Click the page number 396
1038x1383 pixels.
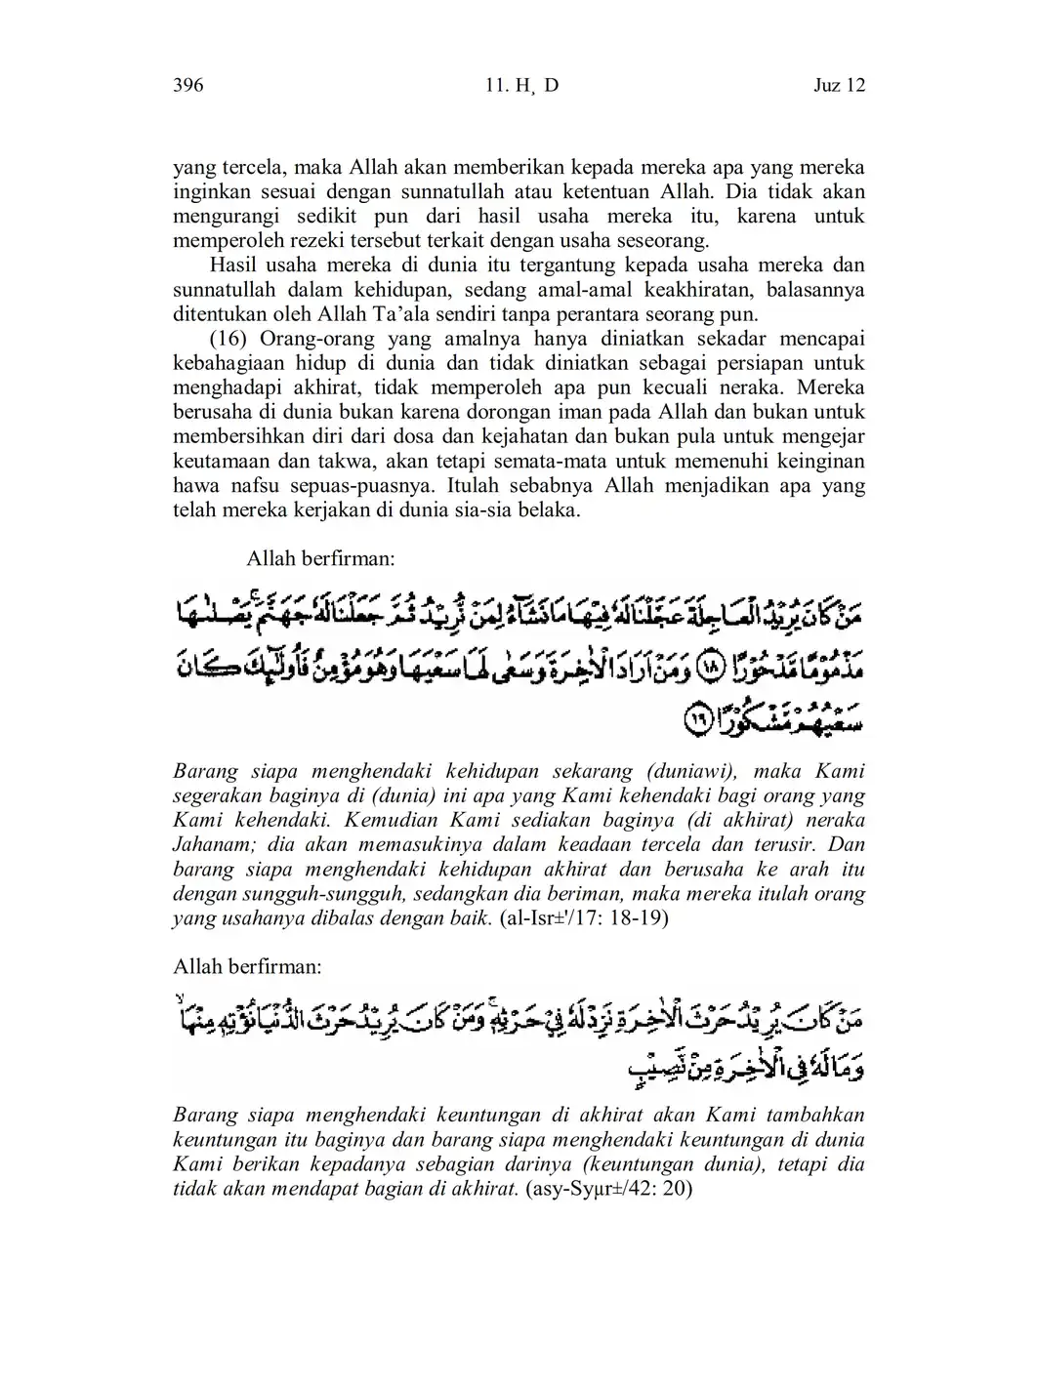(187, 86)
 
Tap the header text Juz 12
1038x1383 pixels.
(839, 86)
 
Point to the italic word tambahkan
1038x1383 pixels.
(816, 1116)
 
